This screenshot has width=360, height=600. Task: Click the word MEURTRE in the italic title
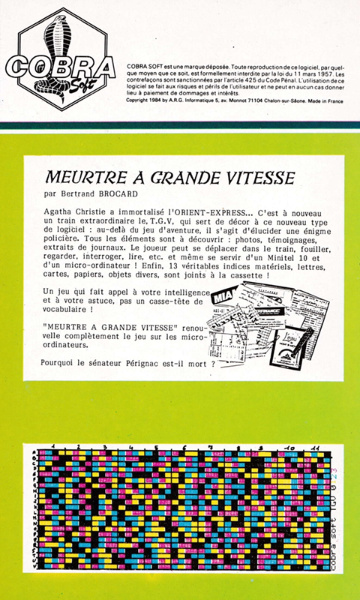click(x=79, y=180)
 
